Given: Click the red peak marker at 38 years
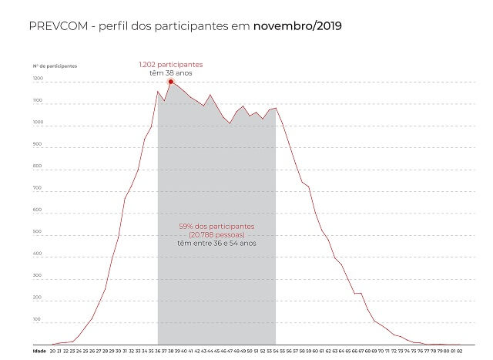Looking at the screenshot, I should pyautogui.click(x=170, y=80).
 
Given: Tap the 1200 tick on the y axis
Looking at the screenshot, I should pyautogui.click(x=38, y=79).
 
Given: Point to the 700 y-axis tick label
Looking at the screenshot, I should pyautogui.click(x=38, y=188).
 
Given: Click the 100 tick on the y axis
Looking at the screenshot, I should pyautogui.click(x=38, y=318).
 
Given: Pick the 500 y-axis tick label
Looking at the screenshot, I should pyautogui.click(x=38, y=231).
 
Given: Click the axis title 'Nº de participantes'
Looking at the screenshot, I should pyautogui.click(x=55, y=66).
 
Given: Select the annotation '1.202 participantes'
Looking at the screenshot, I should pyautogui.click(x=171, y=64).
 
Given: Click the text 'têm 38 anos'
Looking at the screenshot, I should pyautogui.click(x=171, y=72).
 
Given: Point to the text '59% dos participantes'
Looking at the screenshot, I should pyautogui.click(x=216, y=226).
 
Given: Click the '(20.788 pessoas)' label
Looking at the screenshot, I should pyautogui.click(x=216, y=234).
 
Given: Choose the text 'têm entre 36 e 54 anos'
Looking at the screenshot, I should pyautogui.click(x=216, y=243).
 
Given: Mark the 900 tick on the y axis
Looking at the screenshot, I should pyautogui.click(x=38, y=145).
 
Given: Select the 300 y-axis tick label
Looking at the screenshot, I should pyautogui.click(x=38, y=274).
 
